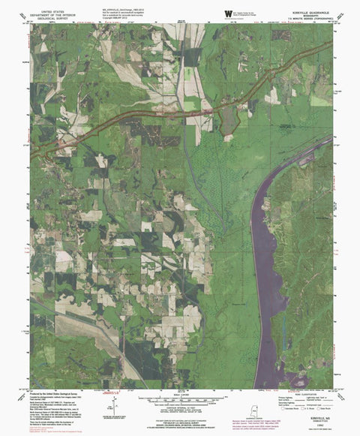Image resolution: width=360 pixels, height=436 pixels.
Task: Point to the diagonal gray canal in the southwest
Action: pos(97,338)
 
